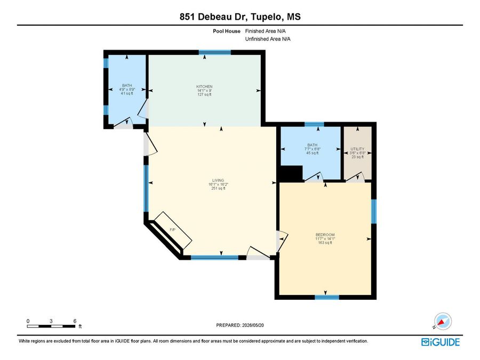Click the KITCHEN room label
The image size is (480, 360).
(204, 86)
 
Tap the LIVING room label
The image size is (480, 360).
(218, 181)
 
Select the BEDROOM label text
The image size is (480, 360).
(325, 235)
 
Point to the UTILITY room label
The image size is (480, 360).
(357, 149)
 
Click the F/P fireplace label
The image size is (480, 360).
(173, 229)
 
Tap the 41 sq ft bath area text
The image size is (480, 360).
(127, 93)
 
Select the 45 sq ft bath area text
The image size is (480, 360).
(313, 153)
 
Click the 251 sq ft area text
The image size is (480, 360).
(218, 189)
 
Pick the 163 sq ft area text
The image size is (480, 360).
(325, 243)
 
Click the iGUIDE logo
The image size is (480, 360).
(441, 342)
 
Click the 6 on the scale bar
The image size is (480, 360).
(75, 321)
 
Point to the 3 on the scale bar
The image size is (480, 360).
(51, 321)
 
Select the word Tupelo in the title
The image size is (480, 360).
(266, 17)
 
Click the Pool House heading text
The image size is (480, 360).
(227, 31)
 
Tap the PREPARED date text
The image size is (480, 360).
(240, 325)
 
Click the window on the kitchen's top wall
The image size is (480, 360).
(214, 52)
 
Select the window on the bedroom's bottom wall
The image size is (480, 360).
(327, 297)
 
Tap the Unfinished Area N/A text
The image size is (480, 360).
(268, 39)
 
